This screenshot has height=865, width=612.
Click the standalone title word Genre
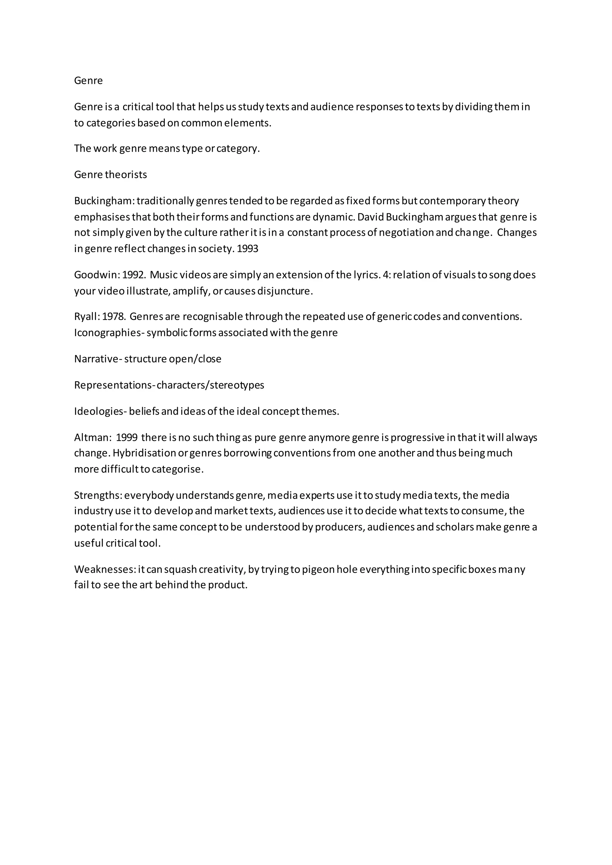coord(88,81)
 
